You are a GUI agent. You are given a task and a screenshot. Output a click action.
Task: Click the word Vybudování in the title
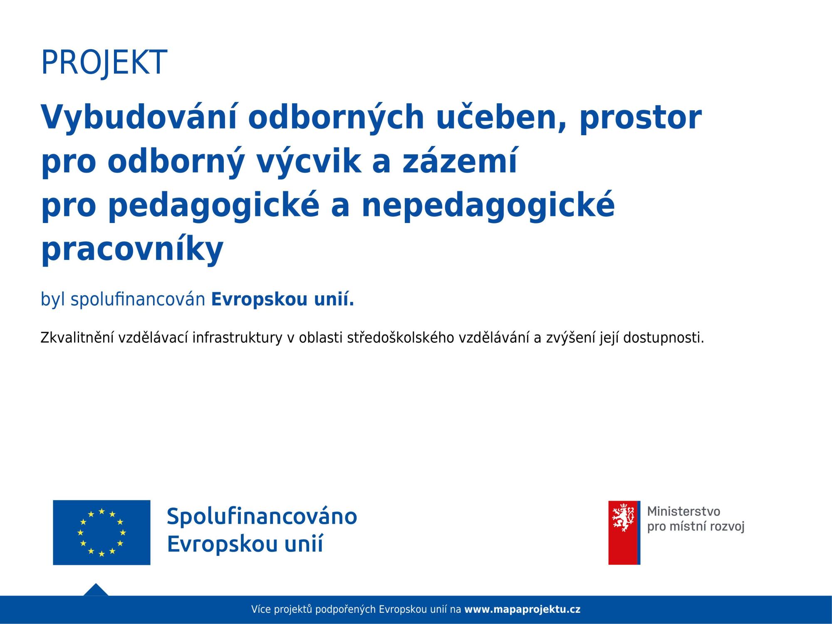139,117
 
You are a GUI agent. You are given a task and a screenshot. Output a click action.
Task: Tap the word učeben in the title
502,118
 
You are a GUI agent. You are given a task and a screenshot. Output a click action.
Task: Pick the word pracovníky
132,250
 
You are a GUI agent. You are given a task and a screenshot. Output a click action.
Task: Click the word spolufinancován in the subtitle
138,300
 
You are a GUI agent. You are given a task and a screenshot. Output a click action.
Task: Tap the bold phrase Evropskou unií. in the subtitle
283,300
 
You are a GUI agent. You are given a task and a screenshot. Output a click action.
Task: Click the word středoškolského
400,338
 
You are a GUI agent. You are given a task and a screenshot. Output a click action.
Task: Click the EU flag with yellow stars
102,532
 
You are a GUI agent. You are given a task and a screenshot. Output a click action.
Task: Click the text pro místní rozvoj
696,527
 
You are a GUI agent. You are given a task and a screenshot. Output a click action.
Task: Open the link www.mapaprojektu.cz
522,610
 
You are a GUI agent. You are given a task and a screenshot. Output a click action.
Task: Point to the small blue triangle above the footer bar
96,590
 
